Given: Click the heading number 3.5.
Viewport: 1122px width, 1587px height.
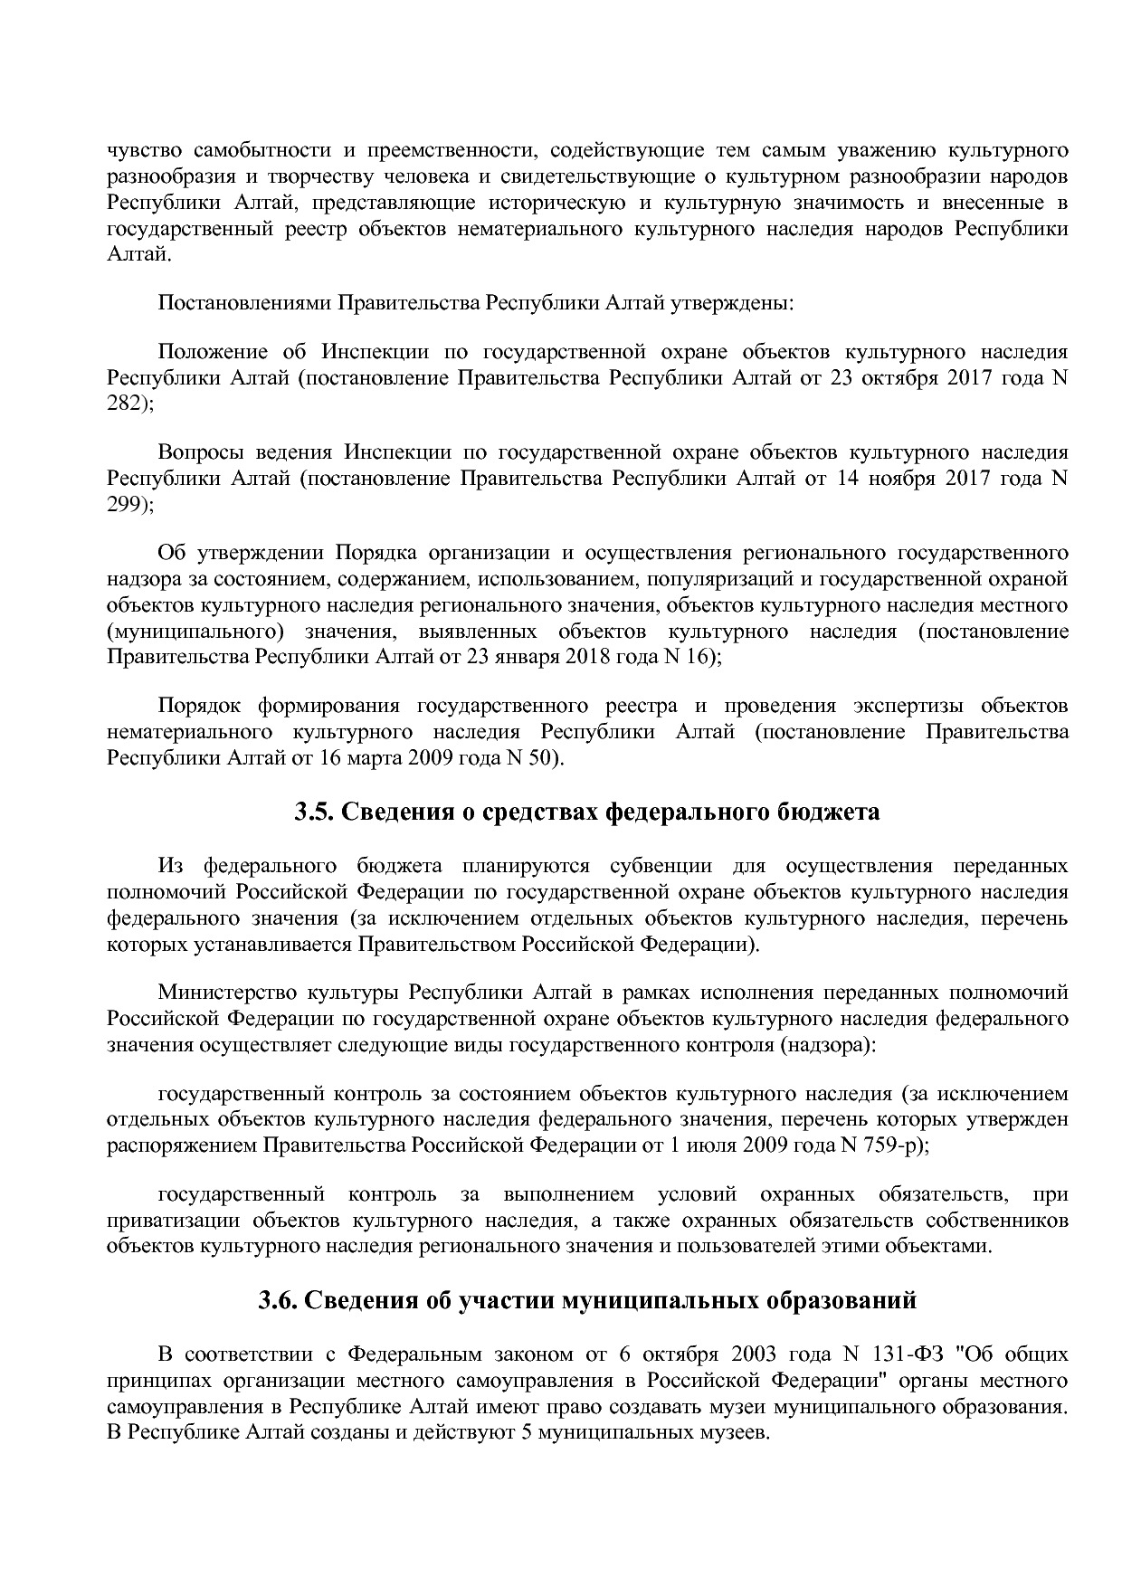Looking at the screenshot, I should pos(315,812).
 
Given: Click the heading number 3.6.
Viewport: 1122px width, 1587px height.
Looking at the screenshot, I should pos(279,1300).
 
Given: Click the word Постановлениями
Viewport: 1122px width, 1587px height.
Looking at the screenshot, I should pos(245,301).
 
